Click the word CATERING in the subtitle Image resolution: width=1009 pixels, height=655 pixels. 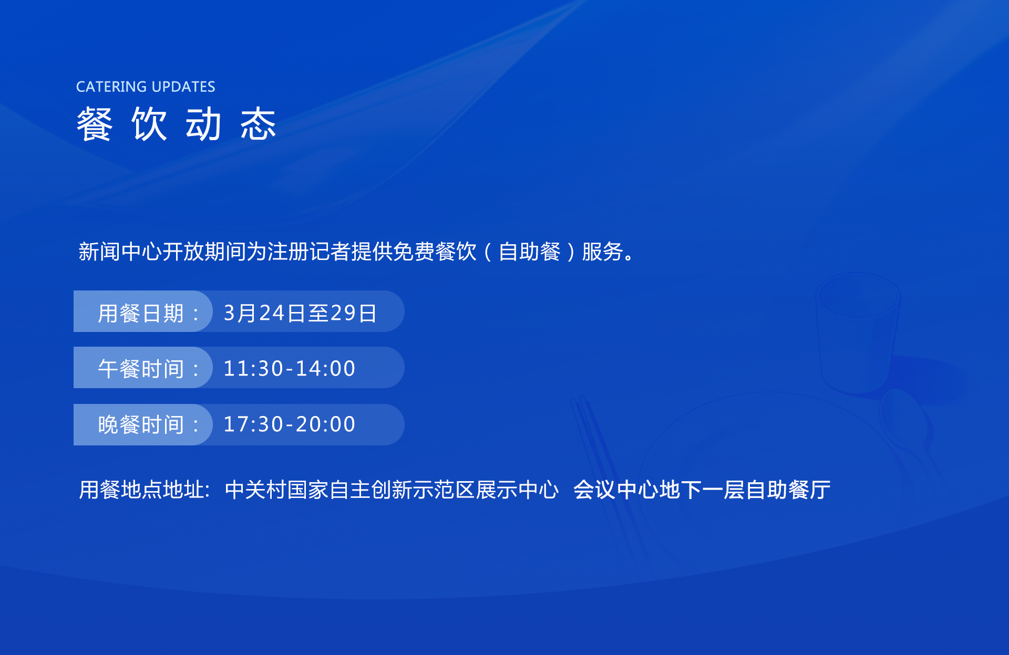coord(111,87)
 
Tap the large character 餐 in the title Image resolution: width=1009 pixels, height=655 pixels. coord(95,124)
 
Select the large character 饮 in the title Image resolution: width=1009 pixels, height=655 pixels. coord(149,124)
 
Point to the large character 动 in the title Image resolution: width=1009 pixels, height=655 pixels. coord(203,124)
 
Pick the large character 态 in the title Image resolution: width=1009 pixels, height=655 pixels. coord(258,124)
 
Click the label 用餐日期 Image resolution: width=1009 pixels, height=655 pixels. coord(141,314)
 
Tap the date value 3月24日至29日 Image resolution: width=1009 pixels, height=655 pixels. coord(300,313)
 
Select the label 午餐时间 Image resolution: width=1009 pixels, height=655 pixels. coord(141,369)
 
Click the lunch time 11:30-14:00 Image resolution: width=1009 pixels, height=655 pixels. coord(290,368)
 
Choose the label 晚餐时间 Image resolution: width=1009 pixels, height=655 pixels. coord(141,424)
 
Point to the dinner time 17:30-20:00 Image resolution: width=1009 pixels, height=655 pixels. coord(290,424)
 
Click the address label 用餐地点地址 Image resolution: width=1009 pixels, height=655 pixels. coord(141,490)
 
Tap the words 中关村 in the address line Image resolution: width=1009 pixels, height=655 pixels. coord(256,490)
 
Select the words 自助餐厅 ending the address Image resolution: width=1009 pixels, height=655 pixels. coord(788,490)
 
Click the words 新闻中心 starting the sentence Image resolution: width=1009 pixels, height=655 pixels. coord(120,252)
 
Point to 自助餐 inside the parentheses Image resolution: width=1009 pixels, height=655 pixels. coord(530,252)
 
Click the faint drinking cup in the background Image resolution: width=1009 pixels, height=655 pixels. coord(858,332)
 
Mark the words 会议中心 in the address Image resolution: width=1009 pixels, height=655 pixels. coord(616,490)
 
